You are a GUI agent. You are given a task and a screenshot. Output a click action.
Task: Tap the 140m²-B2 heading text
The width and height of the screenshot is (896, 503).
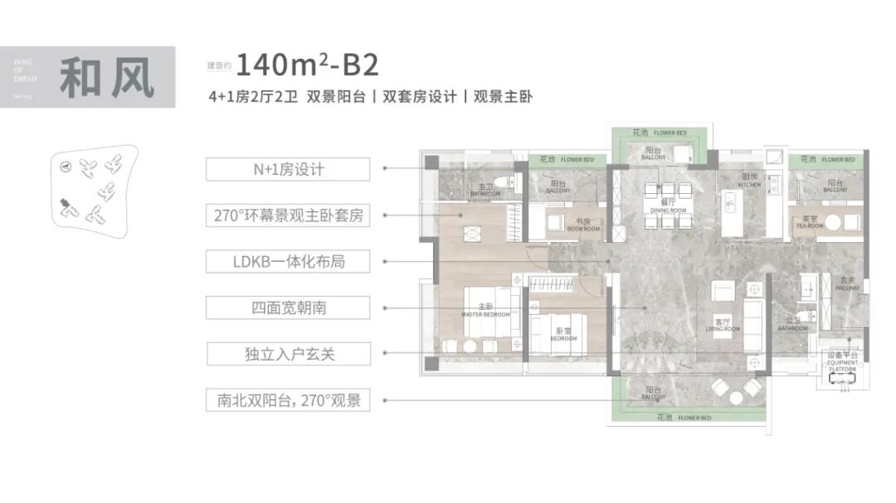(x=308, y=64)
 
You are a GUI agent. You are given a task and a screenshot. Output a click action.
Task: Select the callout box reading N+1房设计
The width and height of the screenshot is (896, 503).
(x=288, y=169)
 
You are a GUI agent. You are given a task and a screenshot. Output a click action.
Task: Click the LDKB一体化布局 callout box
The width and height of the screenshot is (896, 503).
(x=288, y=262)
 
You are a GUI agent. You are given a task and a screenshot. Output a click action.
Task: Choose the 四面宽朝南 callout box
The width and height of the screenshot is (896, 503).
(x=288, y=308)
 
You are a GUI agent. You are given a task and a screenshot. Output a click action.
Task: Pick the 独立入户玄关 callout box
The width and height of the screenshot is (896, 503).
(x=288, y=355)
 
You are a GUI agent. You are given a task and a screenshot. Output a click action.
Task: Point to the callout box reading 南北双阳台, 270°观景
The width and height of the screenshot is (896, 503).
(x=288, y=401)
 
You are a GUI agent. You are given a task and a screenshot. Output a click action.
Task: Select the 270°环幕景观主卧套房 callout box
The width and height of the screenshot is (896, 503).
(x=288, y=216)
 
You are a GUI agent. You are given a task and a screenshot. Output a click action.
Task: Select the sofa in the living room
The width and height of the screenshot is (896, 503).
(x=753, y=326)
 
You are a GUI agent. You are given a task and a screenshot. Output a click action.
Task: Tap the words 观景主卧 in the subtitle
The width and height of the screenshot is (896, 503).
(x=503, y=96)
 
